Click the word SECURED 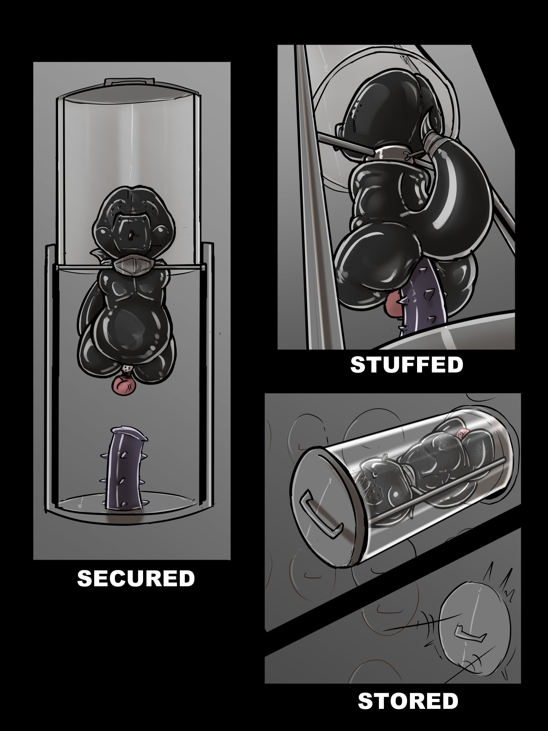tap(136, 579)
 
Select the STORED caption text tap(408, 701)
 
